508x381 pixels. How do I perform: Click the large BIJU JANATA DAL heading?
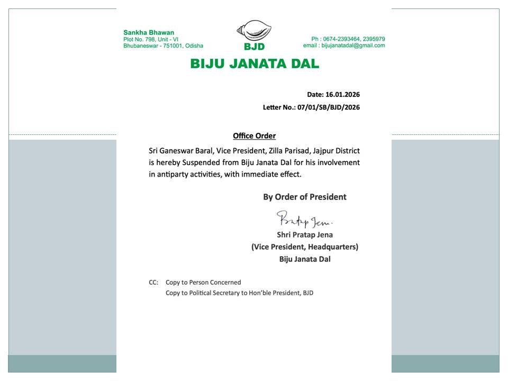(255, 64)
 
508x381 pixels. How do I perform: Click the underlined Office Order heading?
(254, 136)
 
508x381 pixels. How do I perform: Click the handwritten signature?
(304, 219)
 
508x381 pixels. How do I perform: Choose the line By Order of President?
(305, 197)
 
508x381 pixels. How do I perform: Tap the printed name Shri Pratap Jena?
(305, 234)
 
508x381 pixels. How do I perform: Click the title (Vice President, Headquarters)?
(305, 247)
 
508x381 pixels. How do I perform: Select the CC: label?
(153, 283)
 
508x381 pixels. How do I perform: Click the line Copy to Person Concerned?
(203, 283)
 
